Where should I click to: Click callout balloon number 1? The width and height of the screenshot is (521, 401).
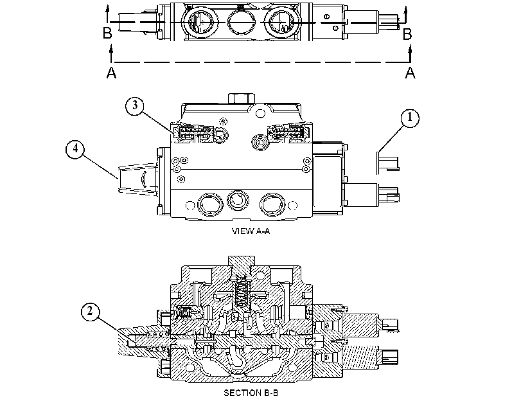410,118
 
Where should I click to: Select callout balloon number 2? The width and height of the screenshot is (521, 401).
91,312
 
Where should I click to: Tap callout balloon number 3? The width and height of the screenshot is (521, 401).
134,105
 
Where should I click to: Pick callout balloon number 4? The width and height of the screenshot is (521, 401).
75,149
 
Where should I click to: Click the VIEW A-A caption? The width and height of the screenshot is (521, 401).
251,231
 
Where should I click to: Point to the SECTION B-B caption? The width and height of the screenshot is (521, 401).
251,393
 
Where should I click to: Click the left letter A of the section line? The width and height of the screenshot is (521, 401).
111,73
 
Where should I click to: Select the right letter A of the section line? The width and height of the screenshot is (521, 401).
410,73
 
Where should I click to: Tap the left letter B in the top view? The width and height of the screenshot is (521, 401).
107,33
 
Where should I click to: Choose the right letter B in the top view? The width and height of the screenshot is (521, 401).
407,33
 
